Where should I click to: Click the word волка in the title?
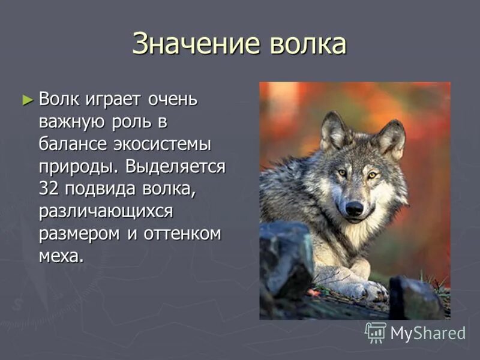click(x=307, y=44)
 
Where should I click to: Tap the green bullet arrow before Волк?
click(x=26, y=98)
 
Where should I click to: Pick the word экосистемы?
click(x=170, y=145)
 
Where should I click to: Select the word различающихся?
click(x=106, y=211)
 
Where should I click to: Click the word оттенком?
click(x=182, y=233)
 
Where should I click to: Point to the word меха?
click(x=60, y=256)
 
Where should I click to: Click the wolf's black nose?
click(x=354, y=208)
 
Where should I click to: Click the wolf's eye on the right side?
click(x=373, y=175)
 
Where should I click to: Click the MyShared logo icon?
click(x=376, y=332)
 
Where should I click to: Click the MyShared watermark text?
click(x=428, y=333)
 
